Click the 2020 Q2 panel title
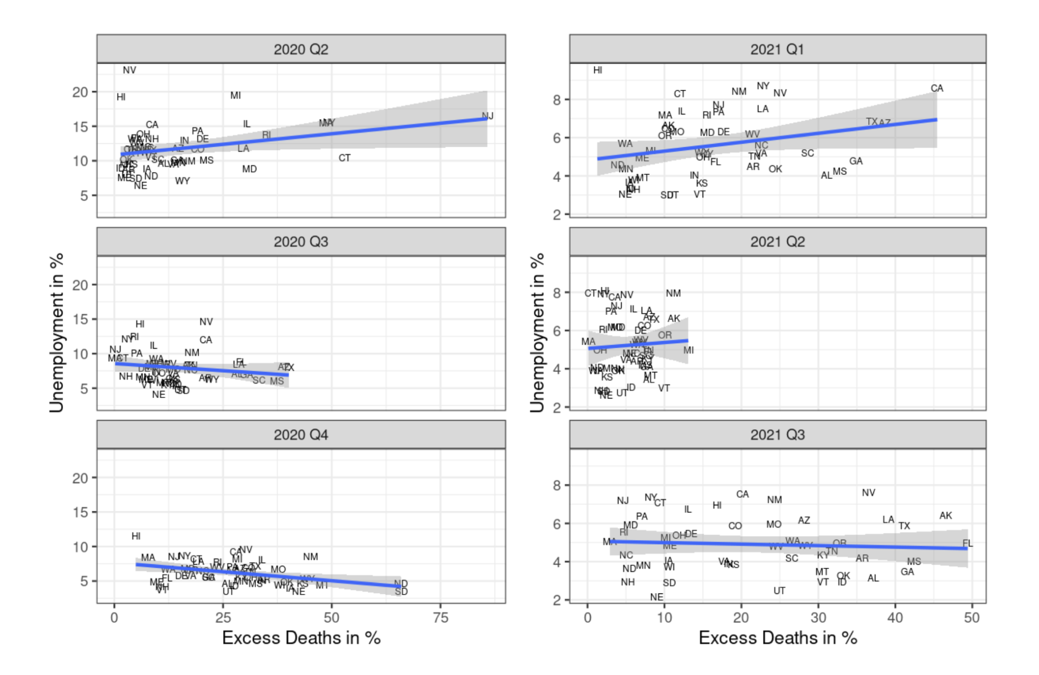pyautogui.click(x=301, y=49)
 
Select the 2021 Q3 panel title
pyautogui.click(x=777, y=435)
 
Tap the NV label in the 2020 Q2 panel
pyautogui.click(x=129, y=70)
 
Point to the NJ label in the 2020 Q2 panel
pyautogui.click(x=487, y=116)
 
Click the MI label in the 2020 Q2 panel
pyautogui.click(x=235, y=95)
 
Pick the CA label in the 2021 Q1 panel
pyautogui.click(x=936, y=88)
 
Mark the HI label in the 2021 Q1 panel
pyautogui.click(x=597, y=70)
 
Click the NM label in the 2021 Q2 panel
pyautogui.click(x=673, y=293)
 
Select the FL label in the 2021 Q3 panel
pyautogui.click(x=967, y=543)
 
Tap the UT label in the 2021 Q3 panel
pyautogui.click(x=779, y=591)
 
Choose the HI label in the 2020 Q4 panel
pyautogui.click(x=136, y=536)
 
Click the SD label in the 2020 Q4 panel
pyautogui.click(x=401, y=592)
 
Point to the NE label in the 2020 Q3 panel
pyautogui.click(x=158, y=394)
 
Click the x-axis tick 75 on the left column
pyautogui.click(x=440, y=618)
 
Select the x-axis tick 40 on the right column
pyautogui.click(x=895, y=618)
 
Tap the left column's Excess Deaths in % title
pyautogui.click(x=301, y=638)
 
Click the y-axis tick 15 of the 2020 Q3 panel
pyautogui.click(x=81, y=319)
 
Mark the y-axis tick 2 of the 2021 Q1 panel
pyautogui.click(x=557, y=214)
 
